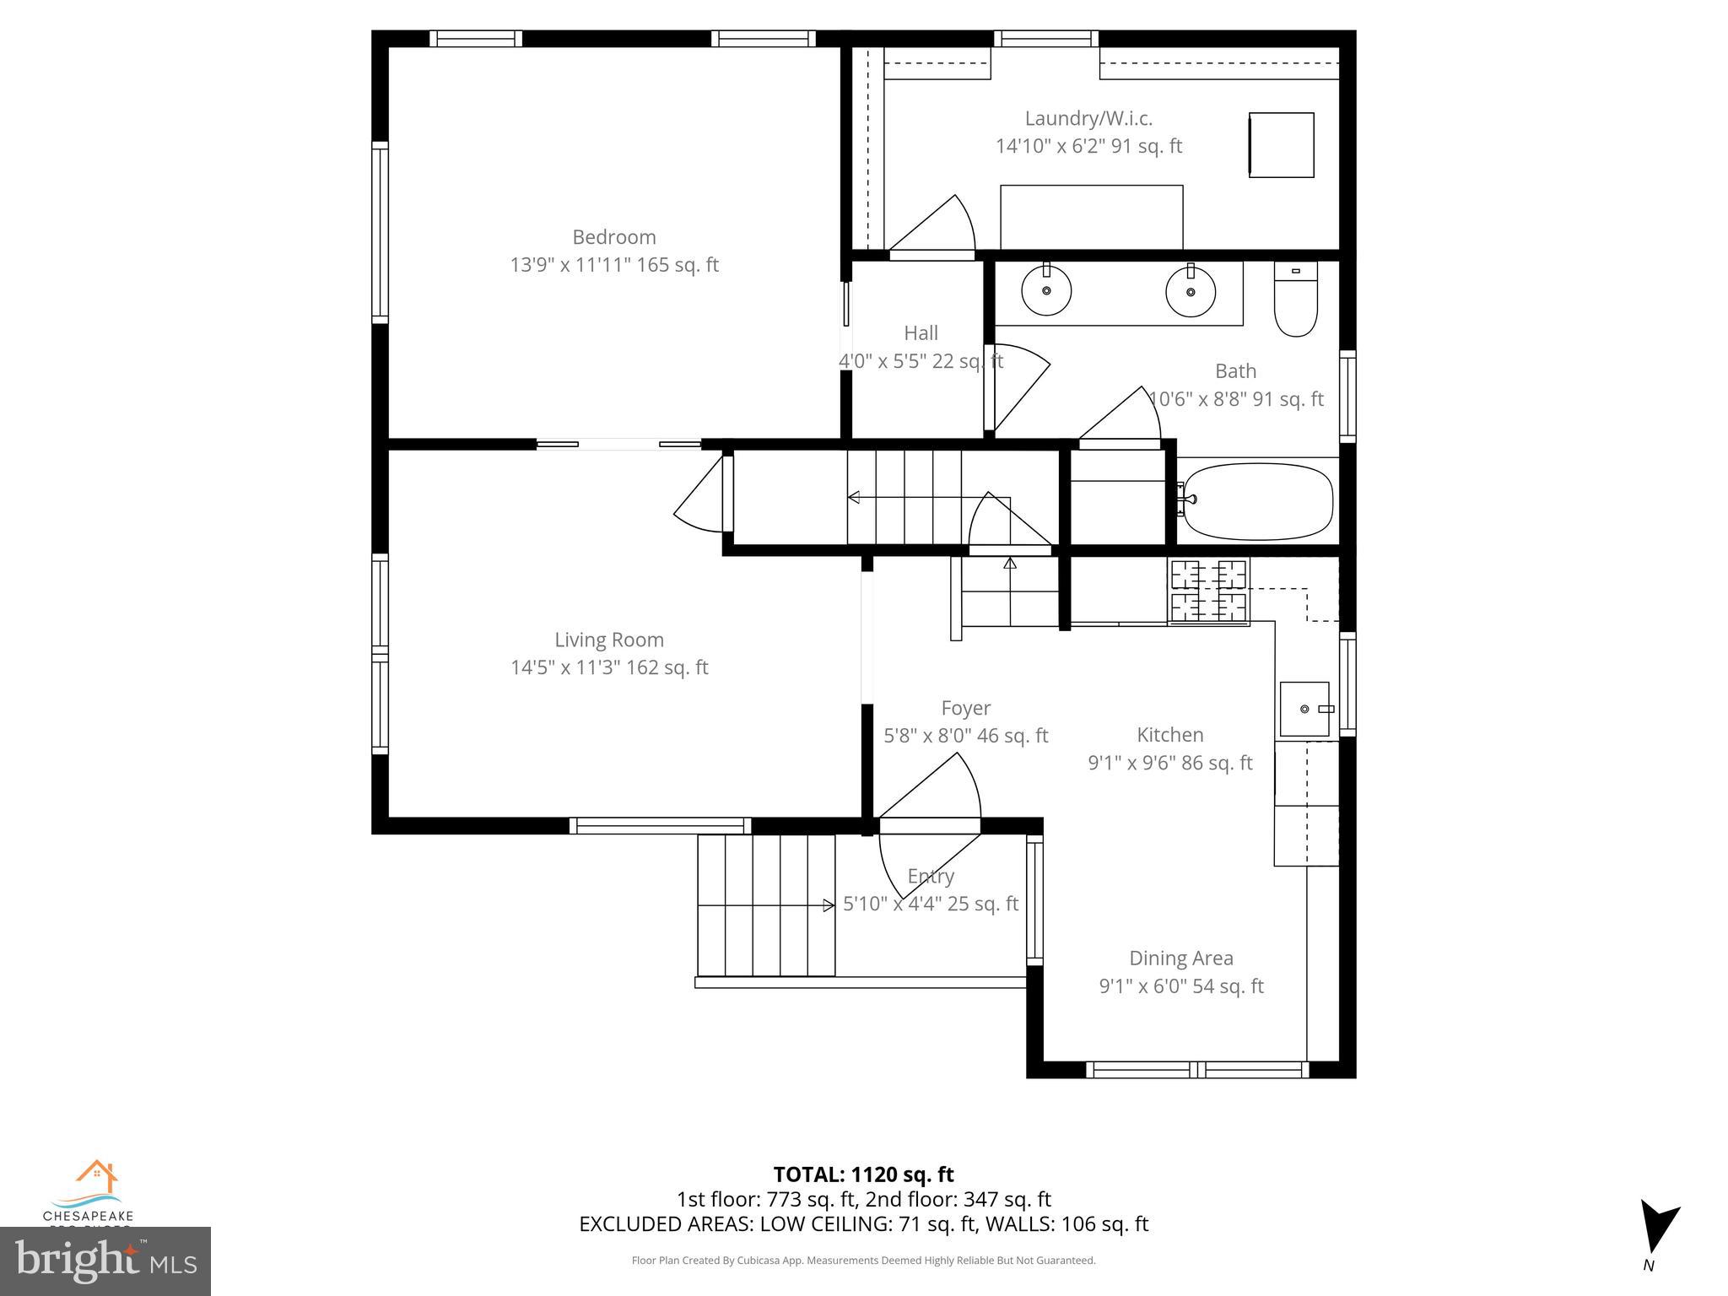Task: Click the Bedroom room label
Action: (x=613, y=237)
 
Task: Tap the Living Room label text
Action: (x=608, y=640)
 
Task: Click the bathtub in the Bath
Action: (x=1257, y=500)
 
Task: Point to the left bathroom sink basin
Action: (x=1046, y=291)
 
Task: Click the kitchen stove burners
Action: (x=1208, y=591)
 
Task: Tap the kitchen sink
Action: (x=1304, y=709)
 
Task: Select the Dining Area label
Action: (x=1180, y=958)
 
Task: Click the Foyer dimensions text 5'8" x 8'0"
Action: (x=965, y=736)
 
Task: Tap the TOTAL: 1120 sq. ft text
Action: (x=863, y=1174)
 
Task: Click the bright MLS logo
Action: (x=105, y=1261)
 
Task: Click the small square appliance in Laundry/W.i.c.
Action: (x=1281, y=145)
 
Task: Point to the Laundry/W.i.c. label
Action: (x=1088, y=119)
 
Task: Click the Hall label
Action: (x=921, y=333)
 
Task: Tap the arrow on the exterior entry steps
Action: (x=829, y=905)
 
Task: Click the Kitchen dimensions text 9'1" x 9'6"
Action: (x=1169, y=763)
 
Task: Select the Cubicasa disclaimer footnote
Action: (x=863, y=1261)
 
